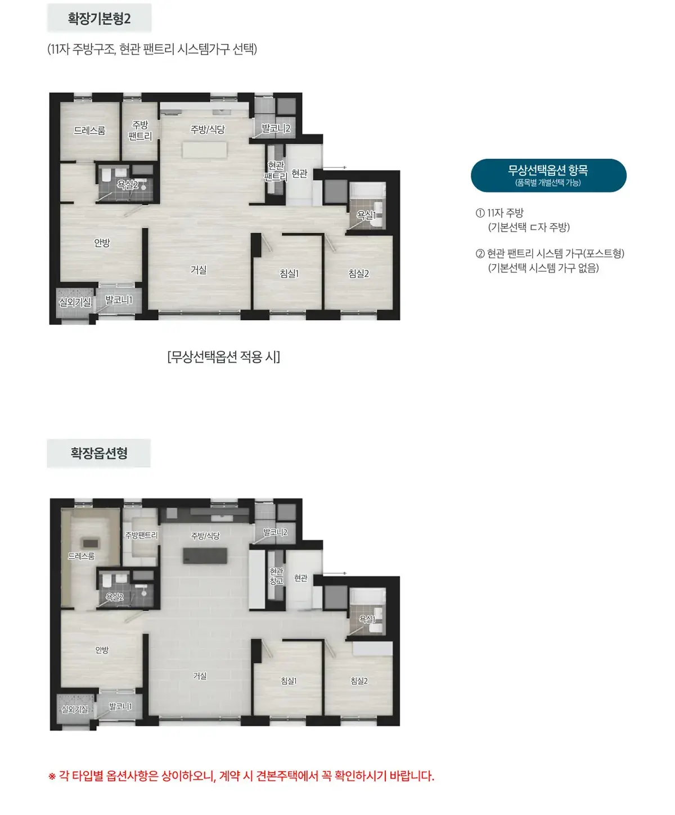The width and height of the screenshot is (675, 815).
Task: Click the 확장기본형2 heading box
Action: tap(99, 18)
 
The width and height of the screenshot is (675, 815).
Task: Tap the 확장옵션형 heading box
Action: tap(99, 453)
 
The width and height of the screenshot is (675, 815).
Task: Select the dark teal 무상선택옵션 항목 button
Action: tap(548, 175)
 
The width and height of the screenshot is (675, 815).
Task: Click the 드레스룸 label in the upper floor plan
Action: tap(89, 130)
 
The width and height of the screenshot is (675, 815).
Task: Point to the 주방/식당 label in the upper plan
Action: tap(208, 129)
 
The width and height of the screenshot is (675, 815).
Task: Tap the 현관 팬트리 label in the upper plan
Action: tap(276, 171)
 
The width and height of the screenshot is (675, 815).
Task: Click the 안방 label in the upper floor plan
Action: tap(102, 243)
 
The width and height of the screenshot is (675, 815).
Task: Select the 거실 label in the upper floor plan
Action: tap(199, 269)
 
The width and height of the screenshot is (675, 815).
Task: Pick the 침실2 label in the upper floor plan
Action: tap(359, 273)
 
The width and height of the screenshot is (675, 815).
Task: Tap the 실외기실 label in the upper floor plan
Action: tap(75, 302)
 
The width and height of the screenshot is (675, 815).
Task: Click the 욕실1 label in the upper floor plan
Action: tap(366, 215)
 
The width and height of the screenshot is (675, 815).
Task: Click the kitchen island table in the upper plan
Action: tap(204, 150)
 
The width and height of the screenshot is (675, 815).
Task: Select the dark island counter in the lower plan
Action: tap(205, 555)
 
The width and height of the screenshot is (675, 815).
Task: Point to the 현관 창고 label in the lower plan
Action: tap(276, 576)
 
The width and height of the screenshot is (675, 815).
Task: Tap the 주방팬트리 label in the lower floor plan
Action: tap(141, 535)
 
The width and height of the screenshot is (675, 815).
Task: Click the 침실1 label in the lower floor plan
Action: tap(289, 681)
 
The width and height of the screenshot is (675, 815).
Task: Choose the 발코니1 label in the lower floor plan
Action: tap(120, 706)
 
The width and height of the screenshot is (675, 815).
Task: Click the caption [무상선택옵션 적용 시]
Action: tap(223, 356)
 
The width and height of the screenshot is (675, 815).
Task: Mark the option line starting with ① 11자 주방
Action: tap(499, 212)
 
